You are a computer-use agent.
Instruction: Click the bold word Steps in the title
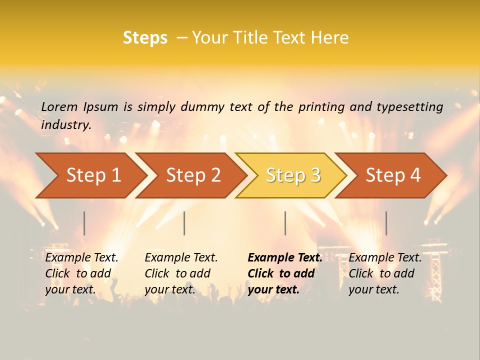click(145, 38)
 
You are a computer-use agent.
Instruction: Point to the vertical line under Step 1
click(84, 223)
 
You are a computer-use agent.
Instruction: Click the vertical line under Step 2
click(184, 223)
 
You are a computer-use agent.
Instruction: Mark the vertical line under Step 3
click(285, 223)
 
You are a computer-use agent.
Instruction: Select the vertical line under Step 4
click(386, 223)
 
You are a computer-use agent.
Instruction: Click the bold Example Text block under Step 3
click(285, 273)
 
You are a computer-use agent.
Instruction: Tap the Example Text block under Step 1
click(81, 273)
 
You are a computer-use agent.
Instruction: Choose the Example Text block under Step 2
click(181, 273)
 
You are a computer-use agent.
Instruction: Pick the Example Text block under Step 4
click(385, 273)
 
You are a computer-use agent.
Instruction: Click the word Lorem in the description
click(59, 106)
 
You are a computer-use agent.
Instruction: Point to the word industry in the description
click(66, 125)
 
